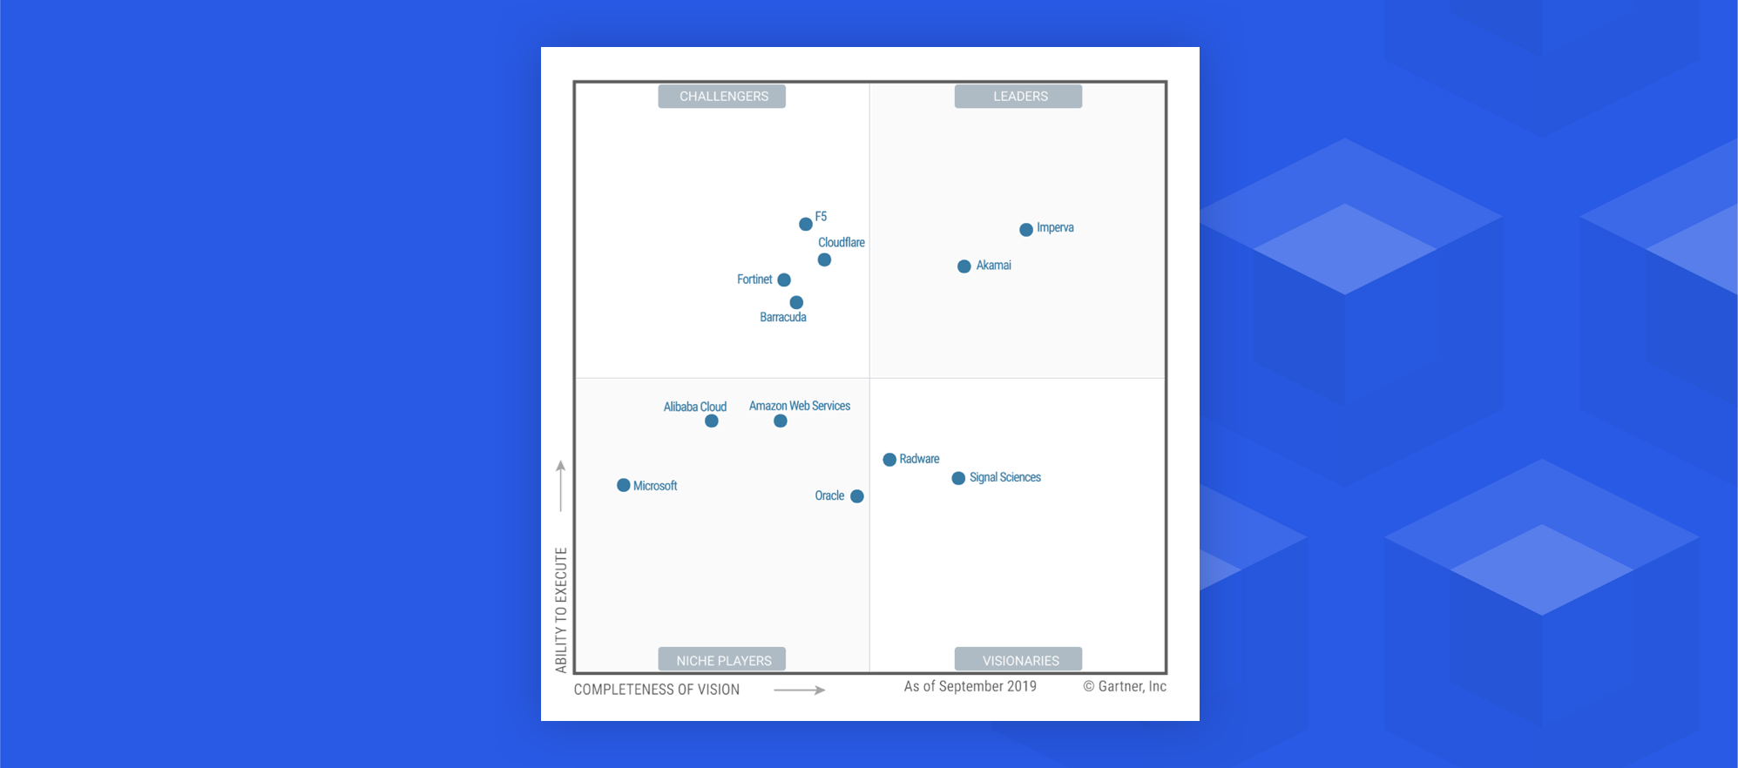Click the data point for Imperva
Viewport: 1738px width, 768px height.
1026,230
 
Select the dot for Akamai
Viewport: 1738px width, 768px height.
964,266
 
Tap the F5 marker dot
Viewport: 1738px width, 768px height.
806,225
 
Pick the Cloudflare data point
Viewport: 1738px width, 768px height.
824,259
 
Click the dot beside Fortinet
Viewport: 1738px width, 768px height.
784,280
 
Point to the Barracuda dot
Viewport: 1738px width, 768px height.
796,302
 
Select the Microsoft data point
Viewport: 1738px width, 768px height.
624,485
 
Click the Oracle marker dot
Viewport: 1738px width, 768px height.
857,496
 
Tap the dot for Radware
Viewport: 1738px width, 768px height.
889,460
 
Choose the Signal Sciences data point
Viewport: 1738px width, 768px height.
958,478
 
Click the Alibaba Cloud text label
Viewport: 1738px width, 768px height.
695,407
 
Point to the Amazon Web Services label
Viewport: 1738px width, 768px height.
800,406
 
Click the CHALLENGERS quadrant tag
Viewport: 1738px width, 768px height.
723,97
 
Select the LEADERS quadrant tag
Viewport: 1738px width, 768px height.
1019,97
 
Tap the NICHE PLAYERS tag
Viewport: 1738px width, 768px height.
723,660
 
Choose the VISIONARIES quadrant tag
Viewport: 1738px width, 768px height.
1019,660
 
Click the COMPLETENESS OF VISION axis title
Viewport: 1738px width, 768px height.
657,690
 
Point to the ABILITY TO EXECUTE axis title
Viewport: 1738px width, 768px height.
561,610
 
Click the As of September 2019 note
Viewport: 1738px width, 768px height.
970,686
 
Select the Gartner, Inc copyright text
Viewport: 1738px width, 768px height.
1125,686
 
